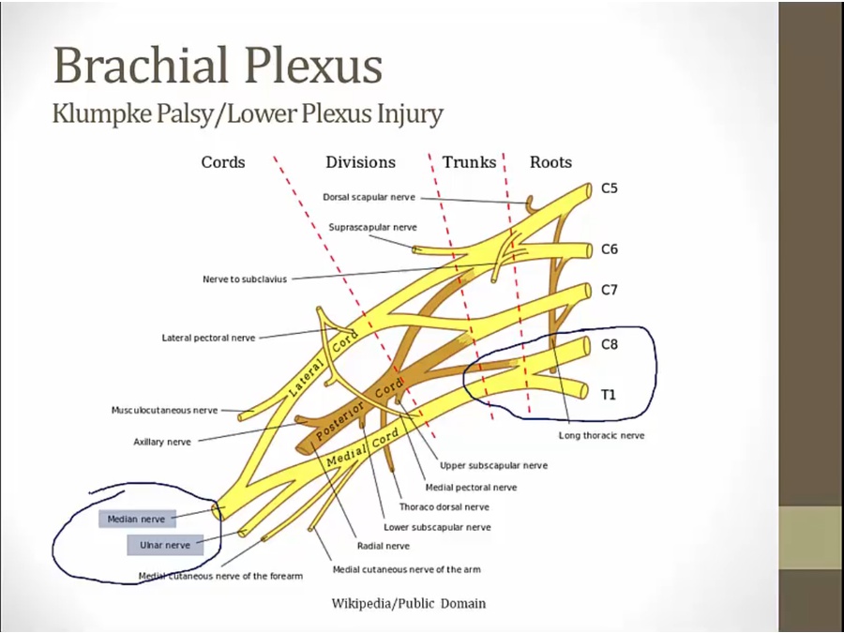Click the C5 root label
[x=610, y=188]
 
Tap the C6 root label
[x=610, y=249]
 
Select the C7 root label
[x=610, y=290]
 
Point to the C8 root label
[x=610, y=344]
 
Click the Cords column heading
[x=223, y=162]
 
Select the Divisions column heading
[x=361, y=162]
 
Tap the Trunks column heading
[x=469, y=162]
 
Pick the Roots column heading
[x=550, y=162]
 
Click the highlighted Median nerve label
[x=136, y=519]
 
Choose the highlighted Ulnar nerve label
[x=165, y=545]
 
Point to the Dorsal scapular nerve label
[x=369, y=198]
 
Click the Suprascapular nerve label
[x=373, y=227]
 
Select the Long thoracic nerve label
[x=601, y=435]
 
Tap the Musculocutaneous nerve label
[x=164, y=410]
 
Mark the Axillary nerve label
[x=162, y=442]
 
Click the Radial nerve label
[x=383, y=546]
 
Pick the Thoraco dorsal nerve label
[x=444, y=507]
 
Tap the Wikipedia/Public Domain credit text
[x=409, y=603]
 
